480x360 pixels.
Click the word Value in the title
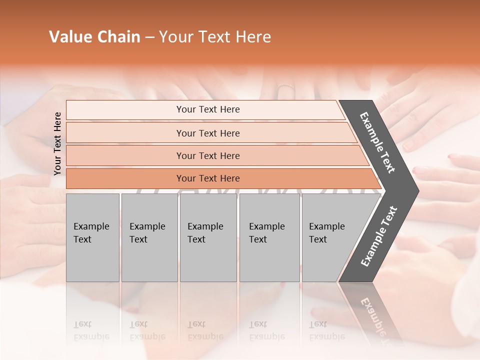(x=69, y=37)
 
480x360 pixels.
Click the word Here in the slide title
(x=253, y=37)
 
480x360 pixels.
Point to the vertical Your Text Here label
(x=57, y=143)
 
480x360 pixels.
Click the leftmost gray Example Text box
(x=92, y=237)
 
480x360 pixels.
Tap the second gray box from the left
(x=149, y=237)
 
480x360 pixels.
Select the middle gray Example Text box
(x=208, y=237)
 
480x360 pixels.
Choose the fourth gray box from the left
(x=269, y=237)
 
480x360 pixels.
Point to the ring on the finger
(x=286, y=88)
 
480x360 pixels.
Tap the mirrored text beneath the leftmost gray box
(x=91, y=330)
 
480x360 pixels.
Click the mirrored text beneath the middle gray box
(x=205, y=330)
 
